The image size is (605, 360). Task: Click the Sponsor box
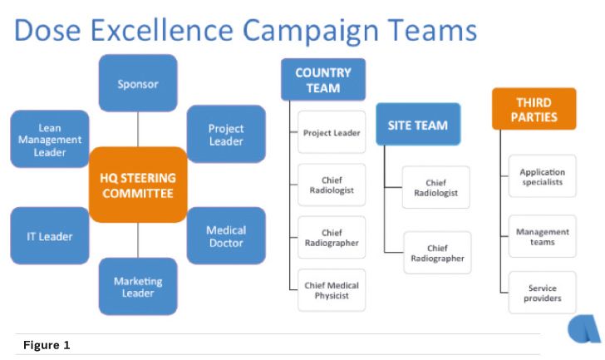pyautogui.click(x=138, y=83)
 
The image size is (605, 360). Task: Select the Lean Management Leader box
pyautogui.click(x=50, y=140)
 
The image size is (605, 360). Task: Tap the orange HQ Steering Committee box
pyautogui.click(x=138, y=185)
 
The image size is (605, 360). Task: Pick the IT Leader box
pyautogui.click(x=50, y=236)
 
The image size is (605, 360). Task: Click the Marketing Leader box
pyautogui.click(x=138, y=287)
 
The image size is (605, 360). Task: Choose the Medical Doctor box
pyautogui.click(x=226, y=236)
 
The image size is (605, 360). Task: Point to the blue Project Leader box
pyautogui.click(x=226, y=135)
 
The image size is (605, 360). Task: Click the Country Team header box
pyautogui.click(x=322, y=80)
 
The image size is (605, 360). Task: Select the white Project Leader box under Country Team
pyautogui.click(x=332, y=132)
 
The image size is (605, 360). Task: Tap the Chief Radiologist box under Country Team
pyautogui.click(x=332, y=185)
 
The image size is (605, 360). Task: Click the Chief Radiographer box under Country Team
pyautogui.click(x=332, y=237)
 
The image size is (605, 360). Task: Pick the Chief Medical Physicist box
pyautogui.click(x=332, y=290)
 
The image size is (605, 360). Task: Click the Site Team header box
pyautogui.click(x=417, y=125)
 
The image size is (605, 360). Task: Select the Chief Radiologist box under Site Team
pyautogui.click(x=435, y=188)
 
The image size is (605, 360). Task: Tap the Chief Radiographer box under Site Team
pyautogui.click(x=437, y=253)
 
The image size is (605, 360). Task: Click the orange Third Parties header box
pyautogui.click(x=534, y=109)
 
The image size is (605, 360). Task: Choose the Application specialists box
pyautogui.click(x=542, y=176)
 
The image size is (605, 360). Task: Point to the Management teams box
pyautogui.click(x=542, y=237)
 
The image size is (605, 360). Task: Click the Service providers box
pyautogui.click(x=542, y=293)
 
